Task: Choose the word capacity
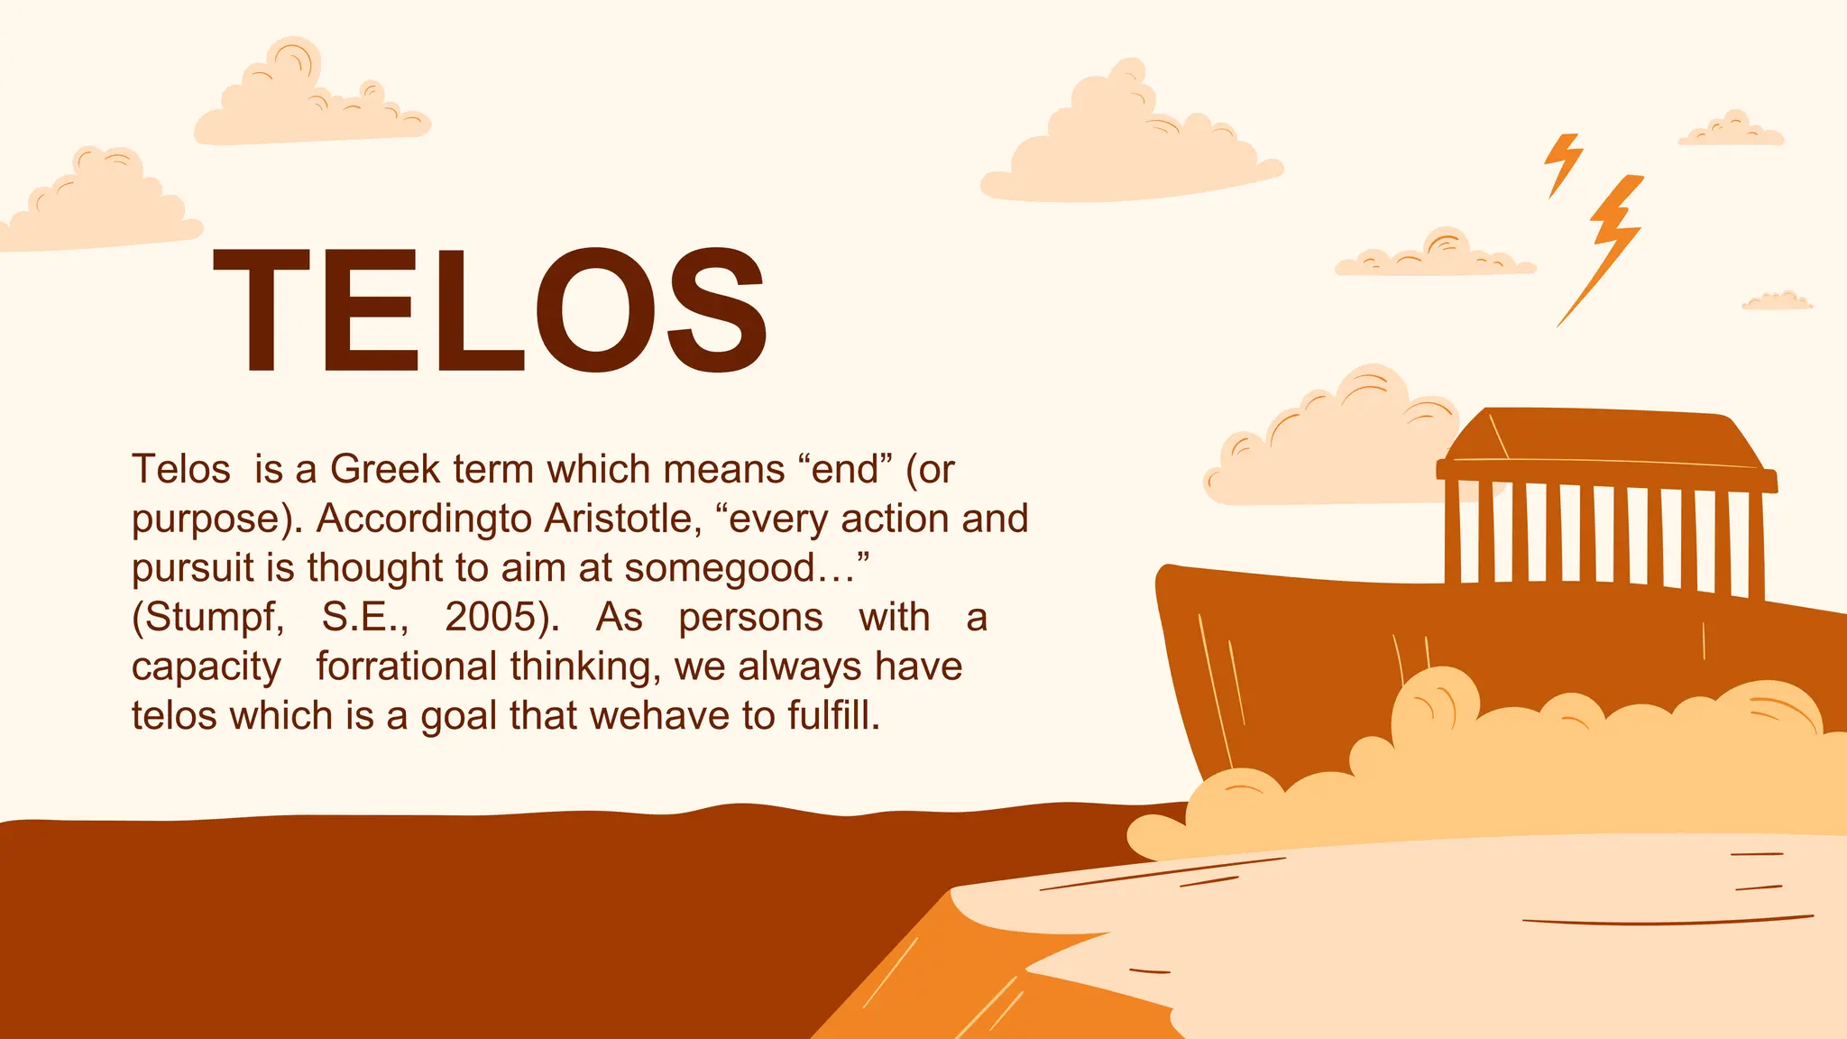[x=207, y=667]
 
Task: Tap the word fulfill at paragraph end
[x=833, y=716]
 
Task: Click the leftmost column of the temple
[x=1453, y=532]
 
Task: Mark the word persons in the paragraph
[x=750, y=618]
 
